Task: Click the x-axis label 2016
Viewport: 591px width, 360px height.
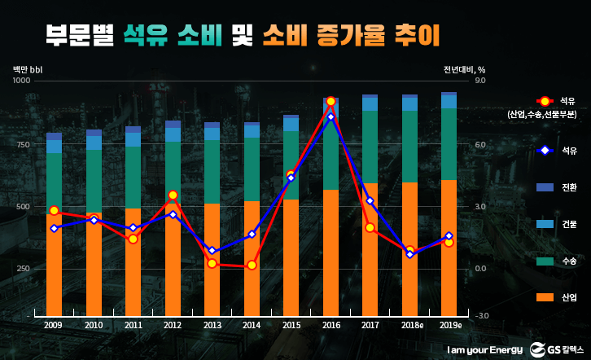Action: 331,325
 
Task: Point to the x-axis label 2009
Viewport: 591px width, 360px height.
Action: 54,325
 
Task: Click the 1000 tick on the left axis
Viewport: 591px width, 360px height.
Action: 21,81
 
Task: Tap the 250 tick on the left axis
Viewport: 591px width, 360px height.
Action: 23,268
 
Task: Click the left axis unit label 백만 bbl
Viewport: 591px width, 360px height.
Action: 28,68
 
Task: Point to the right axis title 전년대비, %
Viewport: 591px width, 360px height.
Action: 465,68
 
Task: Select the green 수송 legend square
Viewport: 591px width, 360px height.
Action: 545,261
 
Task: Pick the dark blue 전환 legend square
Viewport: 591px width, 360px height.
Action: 545,187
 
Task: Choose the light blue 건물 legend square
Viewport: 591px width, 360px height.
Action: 545,224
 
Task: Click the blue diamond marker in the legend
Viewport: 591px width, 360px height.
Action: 545,151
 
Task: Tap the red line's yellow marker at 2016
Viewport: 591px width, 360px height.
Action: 331,101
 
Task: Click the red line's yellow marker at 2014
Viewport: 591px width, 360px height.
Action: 252,266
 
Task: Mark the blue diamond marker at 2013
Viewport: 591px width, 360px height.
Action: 212,251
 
